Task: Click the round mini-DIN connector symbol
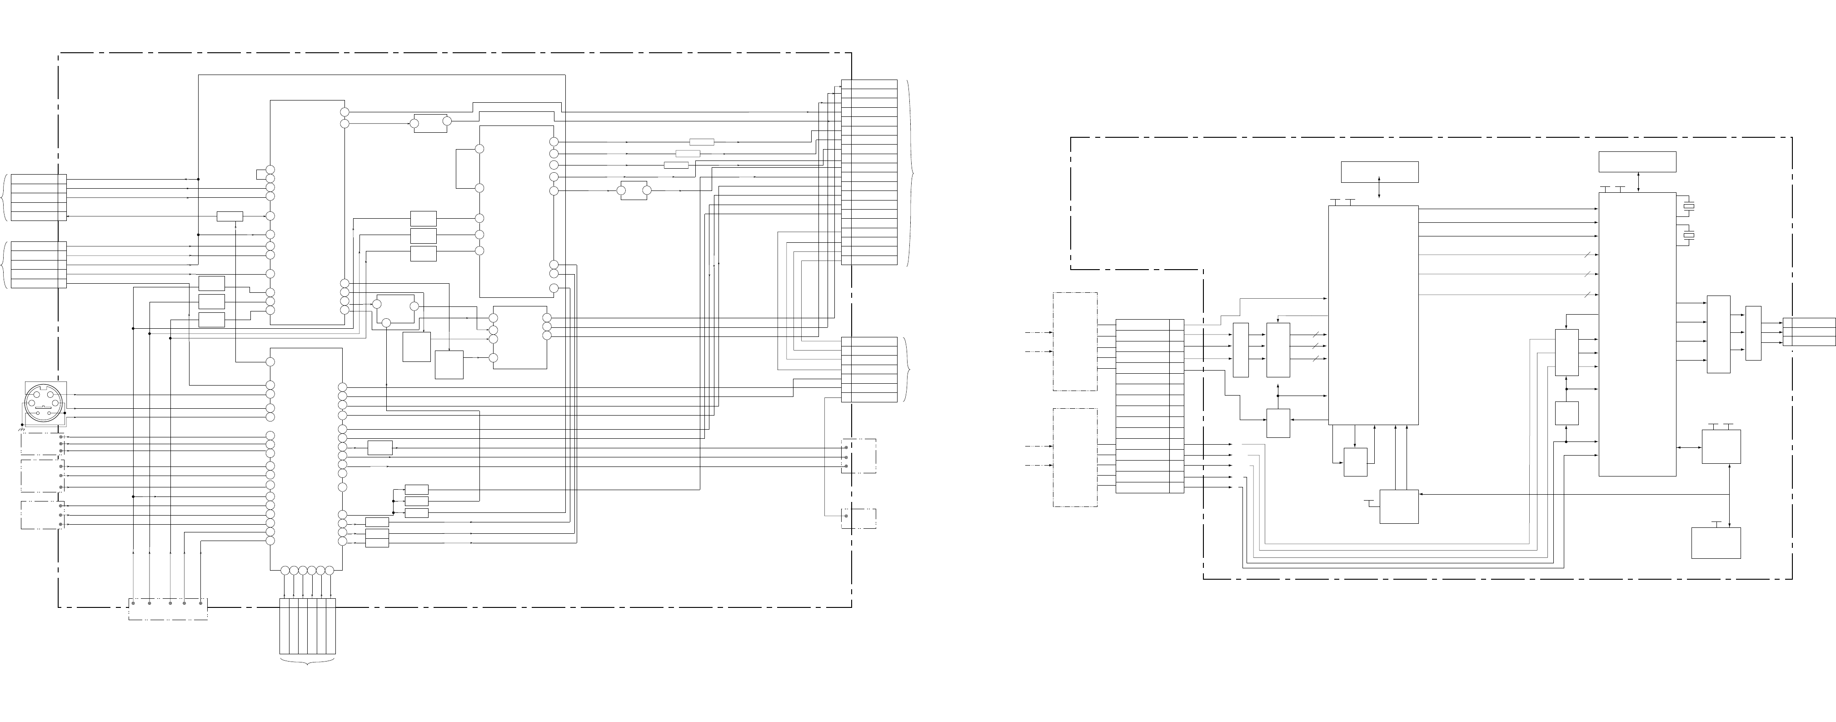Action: tap(44, 404)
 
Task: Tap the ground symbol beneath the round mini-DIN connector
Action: tap(21, 431)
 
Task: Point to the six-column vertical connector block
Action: tap(307, 626)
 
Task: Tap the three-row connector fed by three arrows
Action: tap(1809, 332)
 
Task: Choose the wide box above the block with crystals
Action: tap(1637, 162)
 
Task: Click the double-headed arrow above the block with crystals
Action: tap(1640, 182)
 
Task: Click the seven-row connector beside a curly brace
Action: tap(869, 369)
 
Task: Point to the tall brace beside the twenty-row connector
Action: tap(910, 172)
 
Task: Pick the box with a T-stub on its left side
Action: tap(1398, 507)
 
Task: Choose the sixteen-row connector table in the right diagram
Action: tap(1149, 406)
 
